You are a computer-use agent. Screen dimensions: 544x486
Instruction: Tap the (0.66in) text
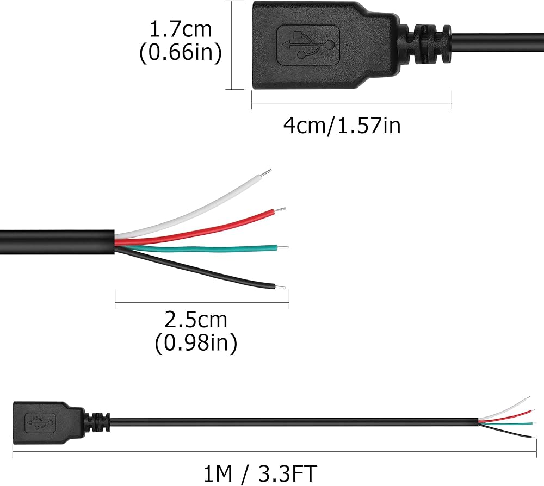coord(181,53)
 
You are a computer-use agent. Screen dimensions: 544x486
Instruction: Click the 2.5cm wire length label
coord(196,320)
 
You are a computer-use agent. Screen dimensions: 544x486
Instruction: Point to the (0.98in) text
coord(196,344)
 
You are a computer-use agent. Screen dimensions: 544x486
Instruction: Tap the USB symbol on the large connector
coord(308,45)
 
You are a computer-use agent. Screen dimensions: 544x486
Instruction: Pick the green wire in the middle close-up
coord(218,250)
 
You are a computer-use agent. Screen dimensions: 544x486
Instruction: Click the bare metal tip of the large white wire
coord(265,173)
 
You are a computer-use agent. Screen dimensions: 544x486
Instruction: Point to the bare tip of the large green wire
coord(283,247)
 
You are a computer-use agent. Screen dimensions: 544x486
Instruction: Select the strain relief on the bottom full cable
coord(98,422)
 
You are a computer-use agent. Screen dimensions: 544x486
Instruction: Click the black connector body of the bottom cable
coord(41,421)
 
